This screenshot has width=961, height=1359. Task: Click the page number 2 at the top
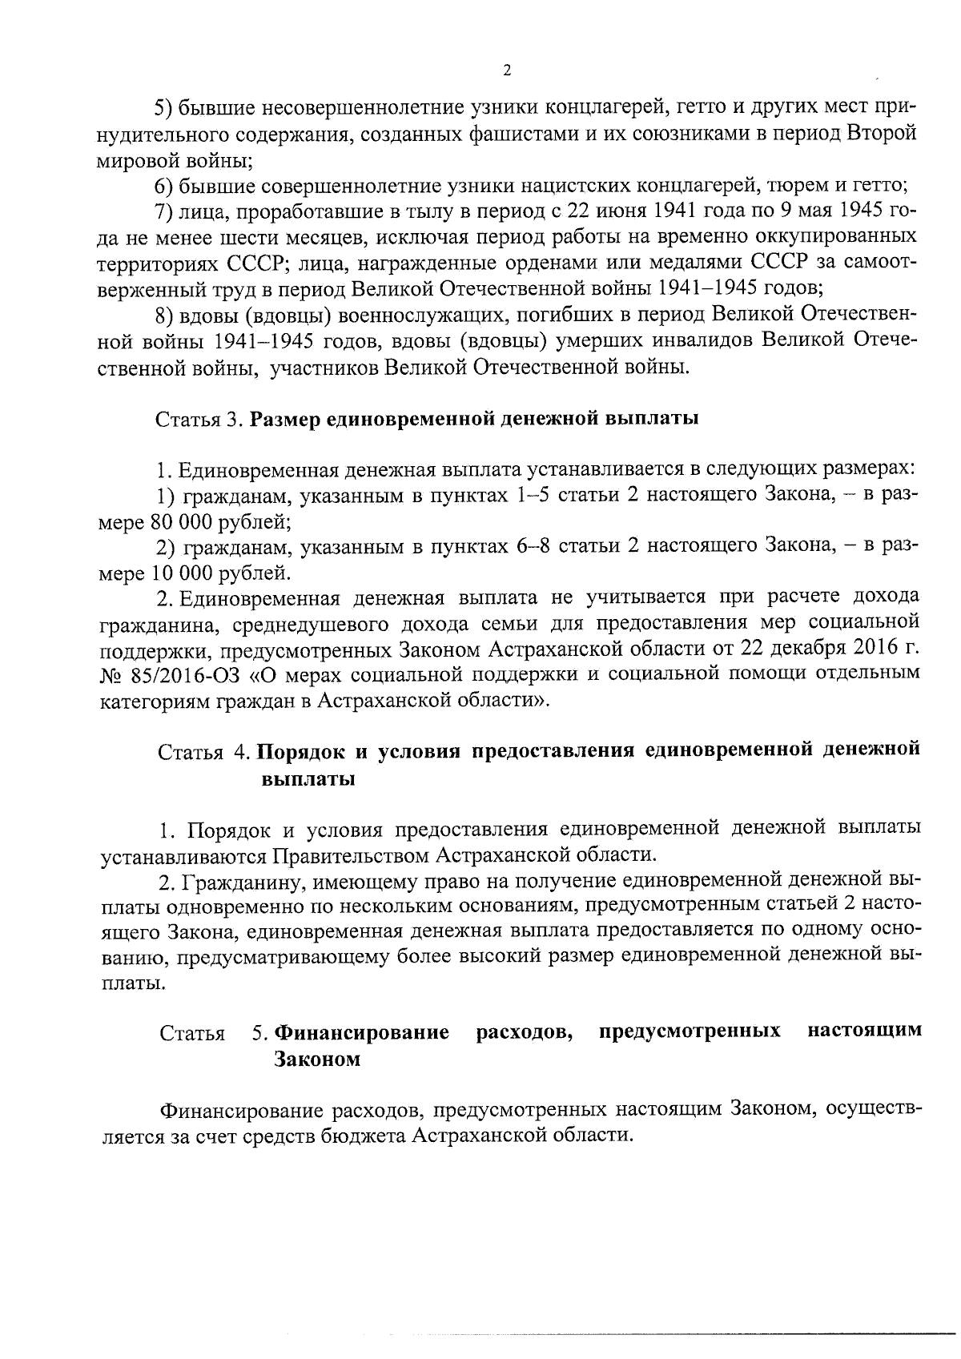point(505,70)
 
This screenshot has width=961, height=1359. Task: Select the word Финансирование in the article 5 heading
point(361,1032)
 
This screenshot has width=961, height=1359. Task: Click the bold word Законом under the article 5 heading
point(317,1059)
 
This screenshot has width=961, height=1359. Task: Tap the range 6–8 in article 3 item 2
point(526,548)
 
